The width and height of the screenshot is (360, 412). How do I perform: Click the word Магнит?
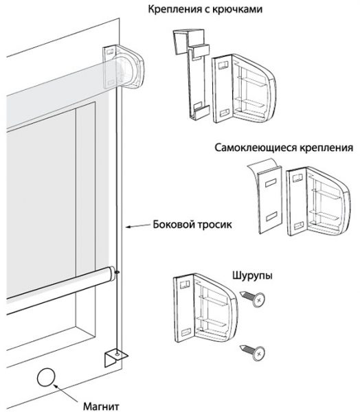101,407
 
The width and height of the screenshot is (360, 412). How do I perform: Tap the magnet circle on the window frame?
46,378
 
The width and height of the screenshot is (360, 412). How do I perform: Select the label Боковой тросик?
192,225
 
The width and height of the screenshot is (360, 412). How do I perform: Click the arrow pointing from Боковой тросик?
138,226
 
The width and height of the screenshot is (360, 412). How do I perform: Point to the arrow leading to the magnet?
65,393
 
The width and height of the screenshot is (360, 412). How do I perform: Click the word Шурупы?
252,276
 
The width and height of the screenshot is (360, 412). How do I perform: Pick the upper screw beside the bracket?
252,298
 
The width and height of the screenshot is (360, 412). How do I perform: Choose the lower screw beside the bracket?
252,352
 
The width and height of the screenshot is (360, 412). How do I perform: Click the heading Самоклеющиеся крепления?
284,148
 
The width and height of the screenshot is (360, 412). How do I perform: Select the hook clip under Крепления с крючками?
192,75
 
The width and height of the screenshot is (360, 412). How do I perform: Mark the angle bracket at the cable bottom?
115,358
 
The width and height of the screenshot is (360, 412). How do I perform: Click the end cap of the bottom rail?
111,275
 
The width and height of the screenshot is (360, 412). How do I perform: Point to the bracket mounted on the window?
124,67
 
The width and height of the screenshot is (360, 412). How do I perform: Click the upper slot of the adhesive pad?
271,183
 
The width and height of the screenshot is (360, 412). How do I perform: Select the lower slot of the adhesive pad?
271,216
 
